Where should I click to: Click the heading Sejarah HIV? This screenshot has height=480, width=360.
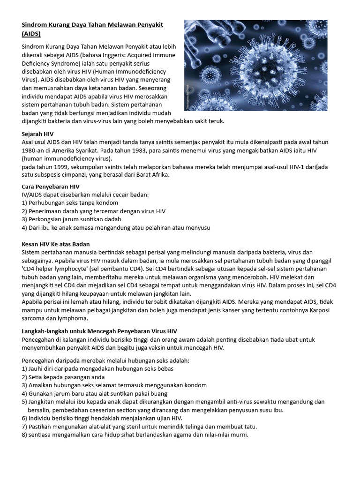[37, 134]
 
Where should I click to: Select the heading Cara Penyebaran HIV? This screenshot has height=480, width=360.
[51, 187]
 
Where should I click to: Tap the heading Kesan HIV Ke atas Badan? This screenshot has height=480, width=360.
[56, 244]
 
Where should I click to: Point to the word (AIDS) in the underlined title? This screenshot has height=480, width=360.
[31, 34]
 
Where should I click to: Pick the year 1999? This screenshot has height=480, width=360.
[60, 167]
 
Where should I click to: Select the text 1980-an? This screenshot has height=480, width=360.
[34, 150]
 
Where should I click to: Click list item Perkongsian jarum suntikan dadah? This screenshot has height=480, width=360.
[72, 219]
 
